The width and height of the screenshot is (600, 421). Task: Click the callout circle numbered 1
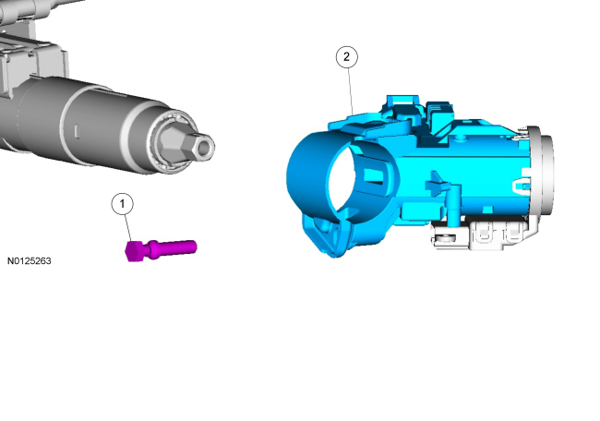click(123, 204)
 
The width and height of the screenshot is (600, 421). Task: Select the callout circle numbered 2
click(347, 57)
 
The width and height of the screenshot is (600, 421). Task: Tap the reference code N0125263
click(30, 261)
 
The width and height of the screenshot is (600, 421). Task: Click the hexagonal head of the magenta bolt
click(135, 251)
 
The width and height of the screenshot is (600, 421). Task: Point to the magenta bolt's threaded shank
click(177, 247)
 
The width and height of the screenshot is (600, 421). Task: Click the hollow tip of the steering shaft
click(205, 147)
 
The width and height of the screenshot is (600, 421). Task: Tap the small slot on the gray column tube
click(77, 131)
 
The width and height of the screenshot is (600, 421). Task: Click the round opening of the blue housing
click(343, 179)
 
